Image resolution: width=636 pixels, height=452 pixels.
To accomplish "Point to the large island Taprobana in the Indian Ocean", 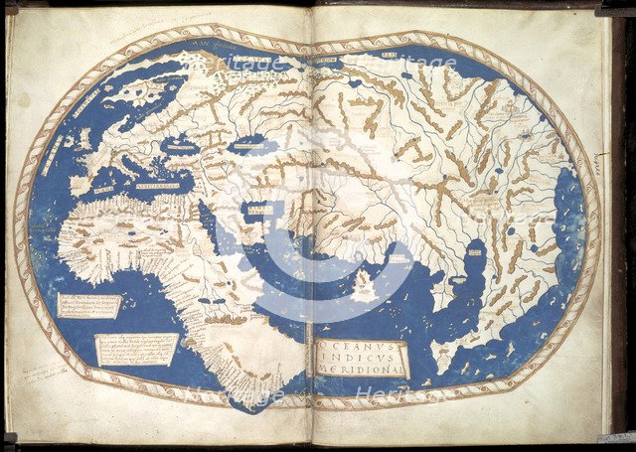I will [x=364, y=288].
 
